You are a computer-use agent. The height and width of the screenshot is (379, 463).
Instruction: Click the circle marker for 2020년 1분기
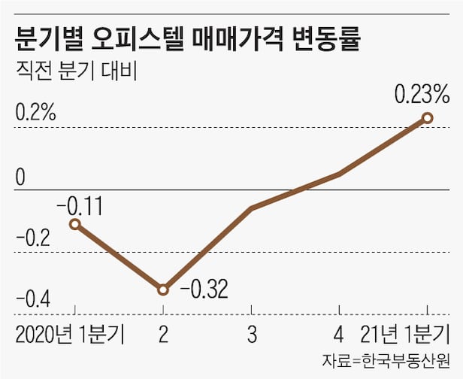[74, 223]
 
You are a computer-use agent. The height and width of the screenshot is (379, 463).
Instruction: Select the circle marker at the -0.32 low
[162, 289]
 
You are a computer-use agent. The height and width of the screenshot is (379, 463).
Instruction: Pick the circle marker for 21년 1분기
[428, 117]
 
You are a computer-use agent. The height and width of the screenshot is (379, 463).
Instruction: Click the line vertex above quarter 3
[251, 208]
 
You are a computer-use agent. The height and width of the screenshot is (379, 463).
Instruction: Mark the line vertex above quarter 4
[340, 174]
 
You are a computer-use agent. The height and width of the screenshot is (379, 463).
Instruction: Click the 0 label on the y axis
[20, 177]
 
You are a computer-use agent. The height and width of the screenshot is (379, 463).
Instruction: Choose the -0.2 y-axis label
[32, 240]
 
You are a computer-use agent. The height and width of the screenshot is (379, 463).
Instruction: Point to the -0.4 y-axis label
[32, 302]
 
